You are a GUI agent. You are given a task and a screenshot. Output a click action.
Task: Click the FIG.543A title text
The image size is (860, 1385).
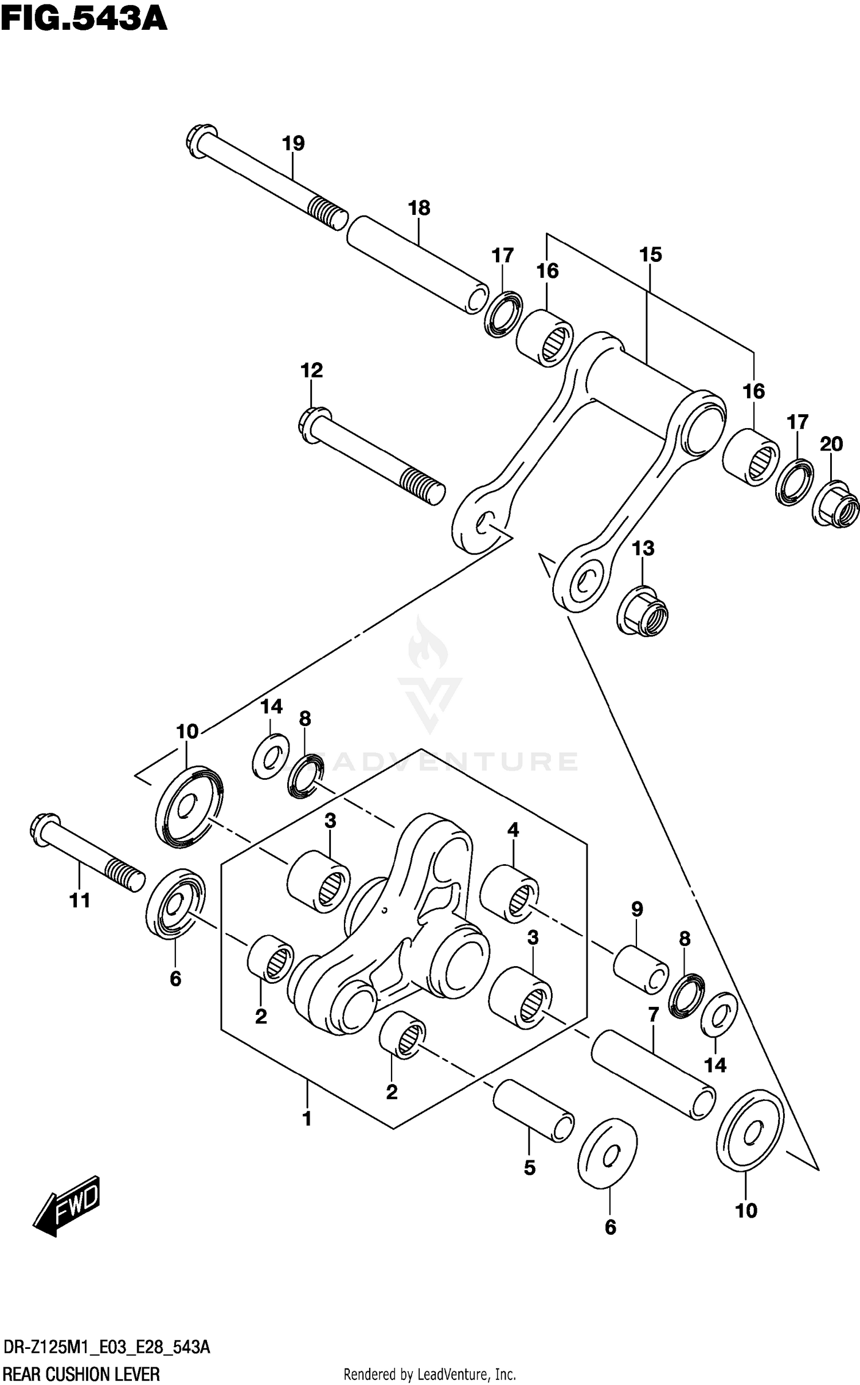tap(84, 18)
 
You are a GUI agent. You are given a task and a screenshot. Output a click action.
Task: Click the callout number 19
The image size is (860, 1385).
tap(294, 143)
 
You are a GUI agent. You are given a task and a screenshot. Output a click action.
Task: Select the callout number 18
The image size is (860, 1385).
tap(419, 208)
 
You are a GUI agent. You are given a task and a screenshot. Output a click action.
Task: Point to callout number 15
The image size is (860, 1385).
tap(651, 254)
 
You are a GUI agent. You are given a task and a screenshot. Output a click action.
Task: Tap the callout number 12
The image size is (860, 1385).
tap(312, 370)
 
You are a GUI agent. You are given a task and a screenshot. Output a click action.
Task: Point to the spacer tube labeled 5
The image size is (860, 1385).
tap(533, 1111)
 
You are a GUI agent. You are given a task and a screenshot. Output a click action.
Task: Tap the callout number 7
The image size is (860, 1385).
tap(653, 1015)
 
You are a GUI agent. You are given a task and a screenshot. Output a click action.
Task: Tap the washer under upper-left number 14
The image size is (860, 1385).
tap(271, 756)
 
